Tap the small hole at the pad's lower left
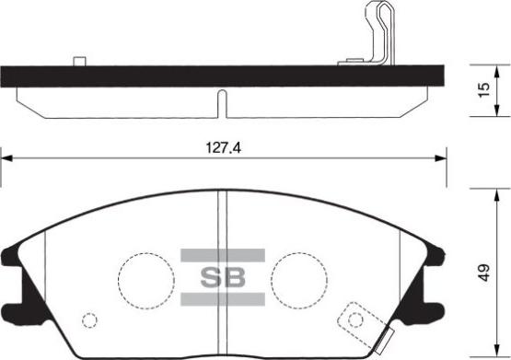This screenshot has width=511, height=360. (x=89, y=320)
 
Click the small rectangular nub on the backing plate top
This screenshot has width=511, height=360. (x=78, y=63)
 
